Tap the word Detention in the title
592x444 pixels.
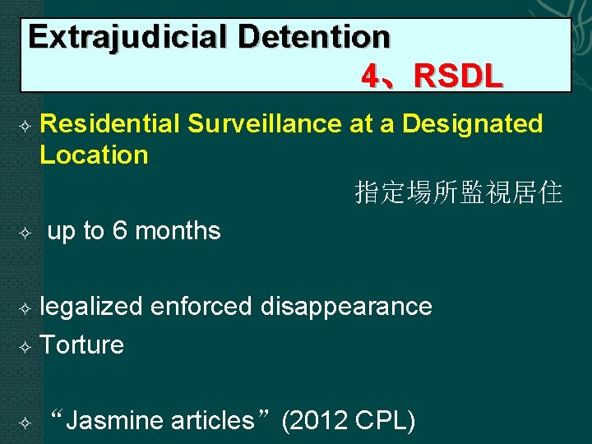pos(315,37)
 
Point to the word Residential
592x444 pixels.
pos(109,124)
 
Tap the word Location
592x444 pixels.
pos(94,155)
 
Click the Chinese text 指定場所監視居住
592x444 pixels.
pos(459,193)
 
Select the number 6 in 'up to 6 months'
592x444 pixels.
pos(120,232)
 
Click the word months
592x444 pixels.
pos(178,232)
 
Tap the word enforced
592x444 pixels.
pos(201,307)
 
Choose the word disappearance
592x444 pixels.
pos(346,307)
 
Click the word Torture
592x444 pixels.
pos(81,345)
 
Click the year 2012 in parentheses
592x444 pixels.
pos(319,421)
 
